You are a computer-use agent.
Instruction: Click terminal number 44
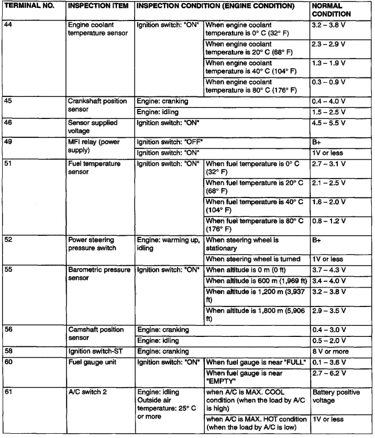[x=8, y=24]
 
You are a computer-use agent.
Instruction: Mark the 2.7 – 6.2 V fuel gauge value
[x=329, y=373]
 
